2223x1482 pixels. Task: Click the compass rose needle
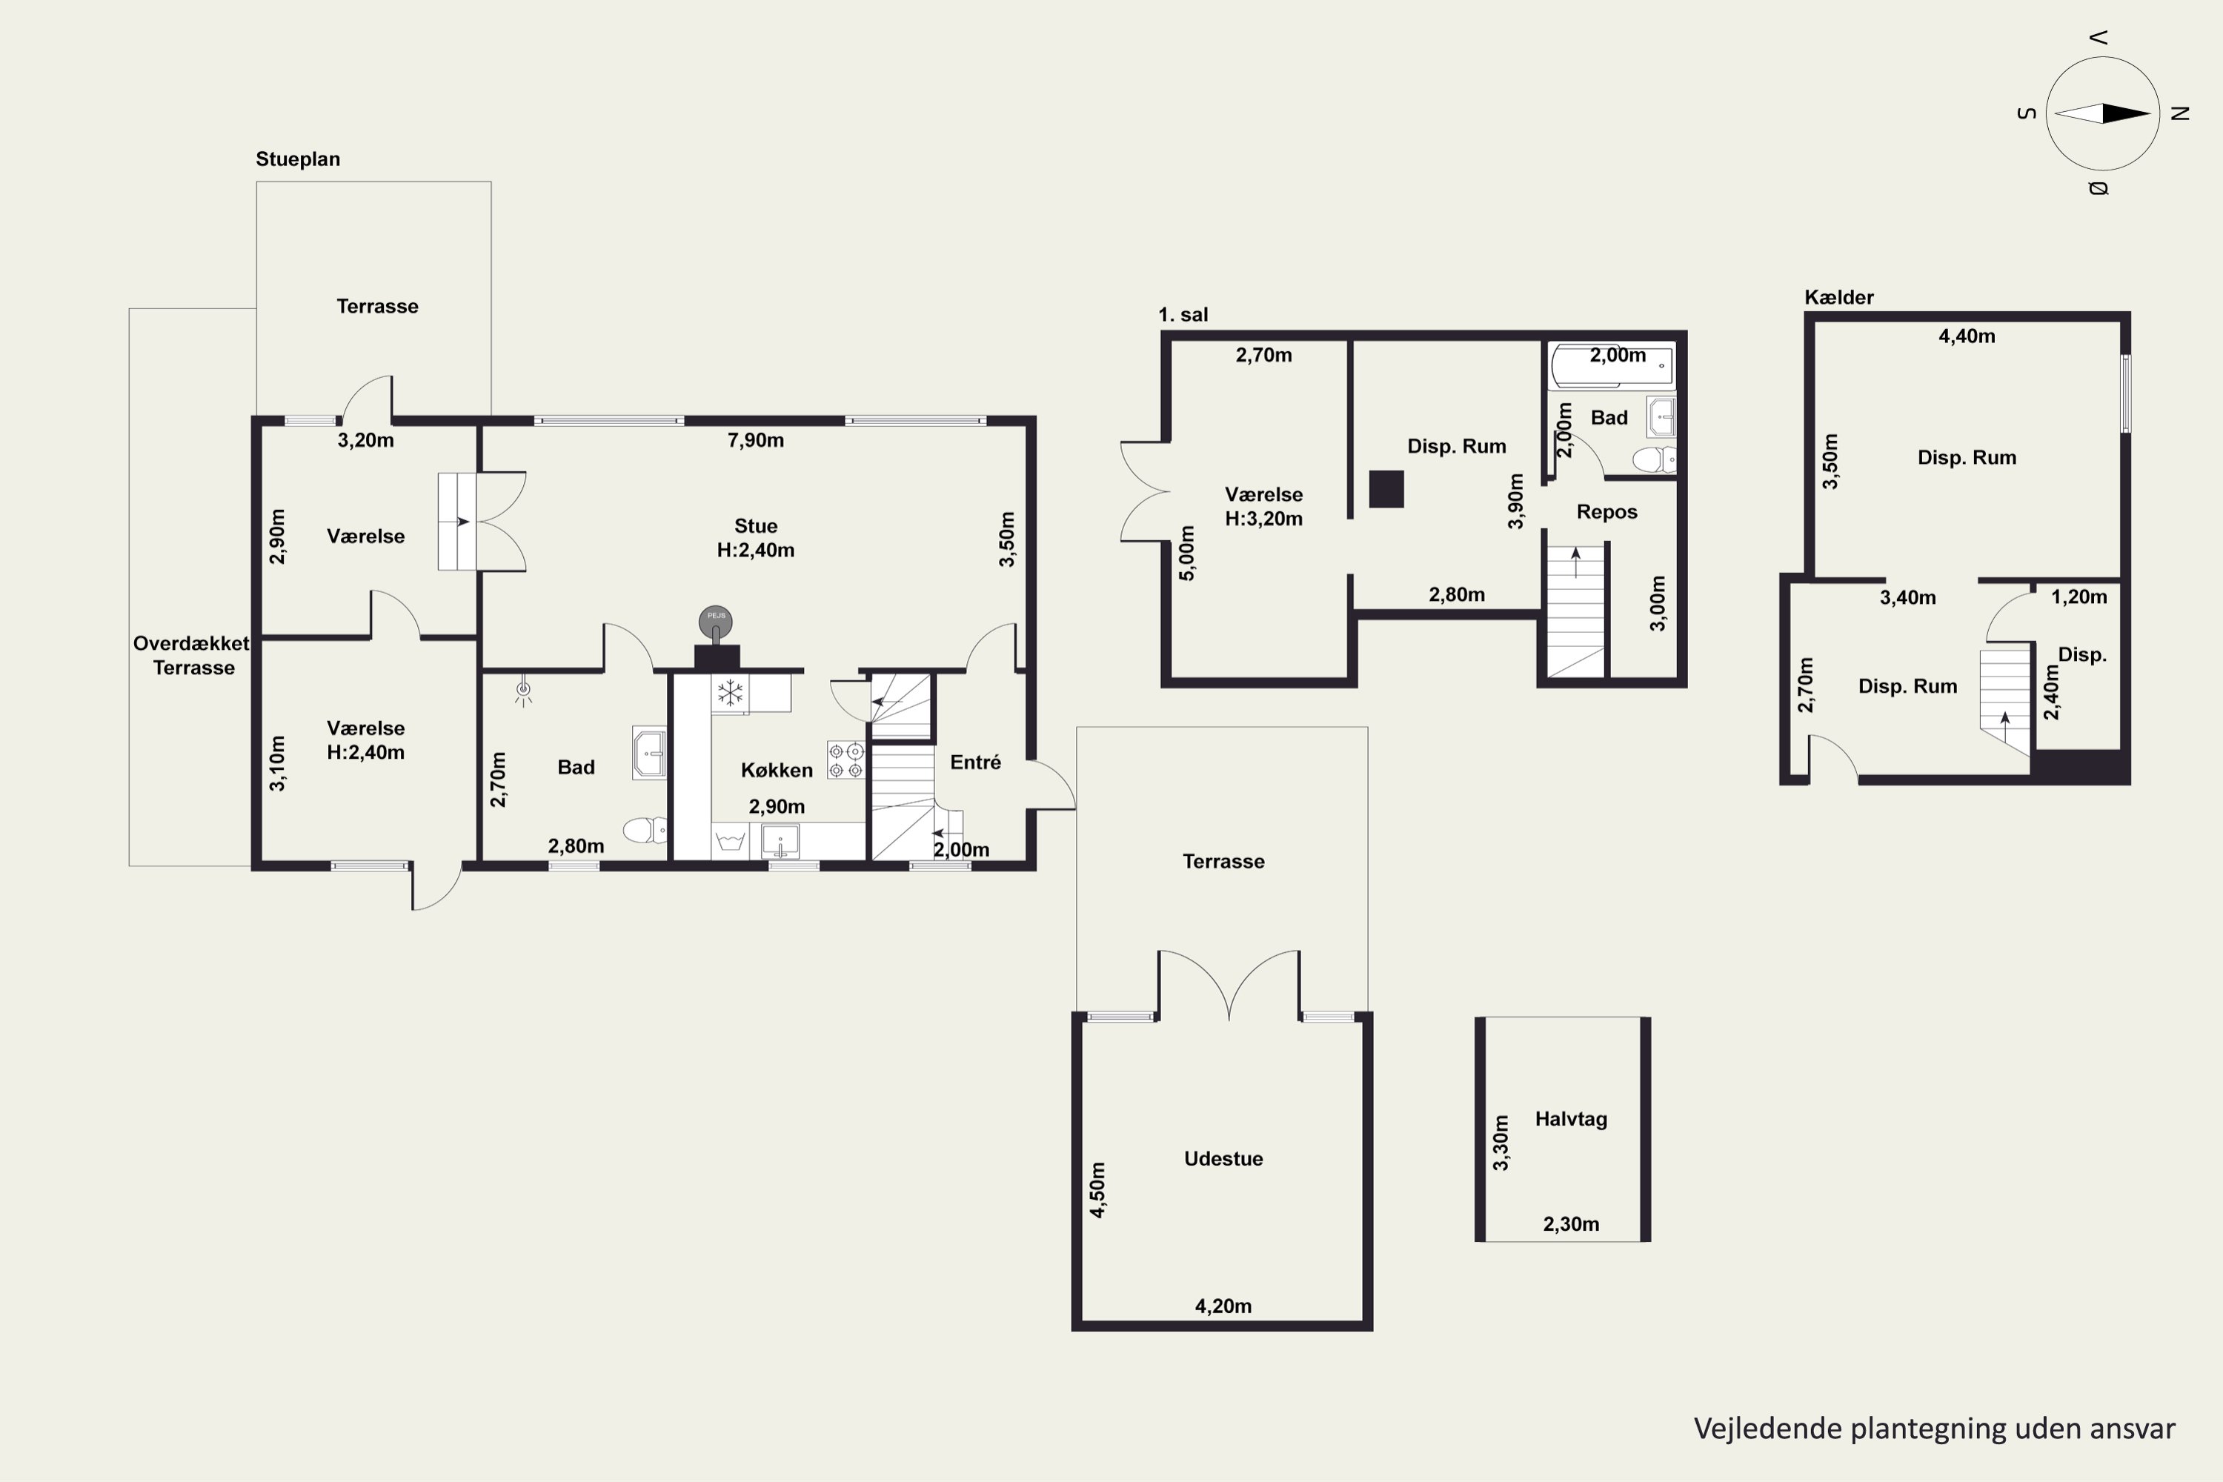[x=2103, y=113]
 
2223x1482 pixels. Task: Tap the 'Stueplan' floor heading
[x=298, y=159]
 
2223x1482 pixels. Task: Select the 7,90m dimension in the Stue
[x=755, y=439]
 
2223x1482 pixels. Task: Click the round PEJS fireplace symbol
[x=717, y=621]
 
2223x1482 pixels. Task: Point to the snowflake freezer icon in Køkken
[x=730, y=692]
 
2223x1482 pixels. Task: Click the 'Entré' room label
[x=975, y=762]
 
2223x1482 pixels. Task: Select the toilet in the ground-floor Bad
[x=645, y=830]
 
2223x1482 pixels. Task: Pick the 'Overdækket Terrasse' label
[x=192, y=655]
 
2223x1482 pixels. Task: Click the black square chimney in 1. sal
[x=1386, y=488]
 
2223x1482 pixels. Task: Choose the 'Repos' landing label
[x=1606, y=511]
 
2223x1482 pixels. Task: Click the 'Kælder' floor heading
[x=1838, y=297]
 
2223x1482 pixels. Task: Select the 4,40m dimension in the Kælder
[x=1967, y=336]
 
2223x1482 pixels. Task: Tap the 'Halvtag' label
[x=1571, y=1118]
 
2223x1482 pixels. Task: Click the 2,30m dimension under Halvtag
[x=1571, y=1224]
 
